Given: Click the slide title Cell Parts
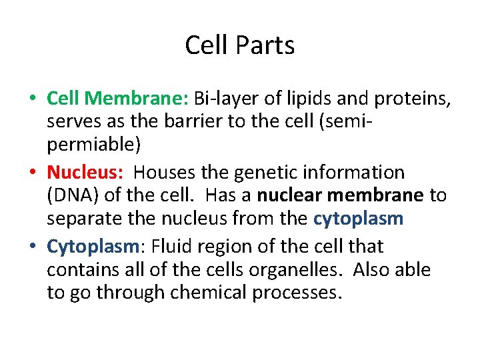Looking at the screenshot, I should pos(239,45).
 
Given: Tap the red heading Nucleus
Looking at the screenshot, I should pos(85,173).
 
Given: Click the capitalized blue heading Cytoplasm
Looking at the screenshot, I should pos(92,247).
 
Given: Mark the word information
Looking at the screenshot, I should pos(355,173).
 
